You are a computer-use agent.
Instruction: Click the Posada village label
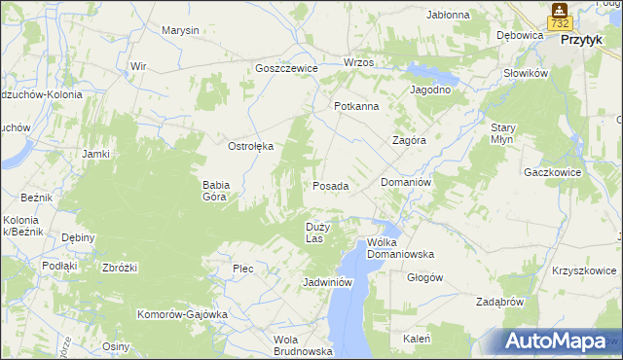click(330, 185)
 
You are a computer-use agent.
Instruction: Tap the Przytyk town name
click(587, 41)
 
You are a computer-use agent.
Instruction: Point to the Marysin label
click(180, 30)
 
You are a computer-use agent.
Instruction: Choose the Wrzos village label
click(359, 62)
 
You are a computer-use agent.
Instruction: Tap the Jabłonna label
click(449, 15)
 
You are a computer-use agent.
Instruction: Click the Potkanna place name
click(355, 106)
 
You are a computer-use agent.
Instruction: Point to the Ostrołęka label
click(251, 146)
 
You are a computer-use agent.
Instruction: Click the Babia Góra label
click(214, 190)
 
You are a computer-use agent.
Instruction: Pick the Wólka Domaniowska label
click(399, 248)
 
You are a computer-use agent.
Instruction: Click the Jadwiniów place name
click(326, 282)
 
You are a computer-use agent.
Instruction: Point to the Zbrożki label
click(120, 268)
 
